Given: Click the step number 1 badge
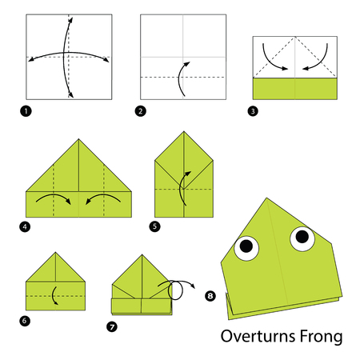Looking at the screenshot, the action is (x=26, y=111).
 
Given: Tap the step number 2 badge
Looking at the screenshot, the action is (x=141, y=111).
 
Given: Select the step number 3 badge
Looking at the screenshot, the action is (x=253, y=111).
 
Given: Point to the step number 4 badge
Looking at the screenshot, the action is (x=25, y=226).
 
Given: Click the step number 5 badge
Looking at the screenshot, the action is (x=154, y=226).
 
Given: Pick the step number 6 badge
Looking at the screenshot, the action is (x=25, y=320).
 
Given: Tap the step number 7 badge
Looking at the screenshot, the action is (x=112, y=326).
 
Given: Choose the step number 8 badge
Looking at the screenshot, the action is (x=210, y=296).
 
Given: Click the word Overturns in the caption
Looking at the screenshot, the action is (x=258, y=336).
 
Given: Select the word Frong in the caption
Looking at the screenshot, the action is (x=321, y=338).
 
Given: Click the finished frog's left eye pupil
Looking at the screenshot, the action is (x=246, y=246).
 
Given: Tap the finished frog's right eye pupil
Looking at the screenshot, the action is (x=302, y=236).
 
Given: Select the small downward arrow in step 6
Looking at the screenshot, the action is (x=54, y=296).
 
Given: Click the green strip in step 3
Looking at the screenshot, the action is (x=295, y=89).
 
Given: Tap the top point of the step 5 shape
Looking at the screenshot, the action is (x=184, y=131).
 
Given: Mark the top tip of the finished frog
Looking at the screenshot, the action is (x=266, y=198).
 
